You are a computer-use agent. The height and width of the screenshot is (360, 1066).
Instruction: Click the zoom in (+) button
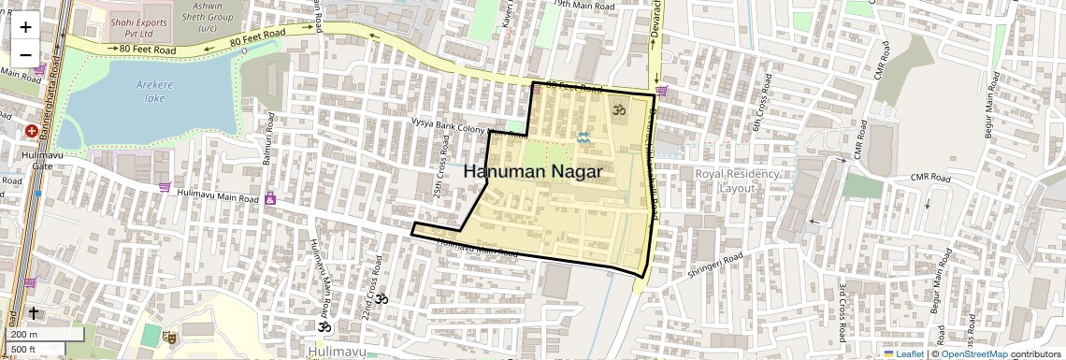point(25,27)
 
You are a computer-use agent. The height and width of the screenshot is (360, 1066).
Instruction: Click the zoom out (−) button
point(25,53)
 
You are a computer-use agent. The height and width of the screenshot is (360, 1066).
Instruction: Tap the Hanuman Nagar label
point(532,172)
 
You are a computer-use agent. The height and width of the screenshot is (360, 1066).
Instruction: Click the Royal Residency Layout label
point(736,180)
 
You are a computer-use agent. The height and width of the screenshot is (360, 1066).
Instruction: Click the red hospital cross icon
point(32,132)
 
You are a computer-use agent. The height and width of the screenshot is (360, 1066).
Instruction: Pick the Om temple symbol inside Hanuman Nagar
point(617,110)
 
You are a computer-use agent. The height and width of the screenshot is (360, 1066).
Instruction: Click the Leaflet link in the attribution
point(903,354)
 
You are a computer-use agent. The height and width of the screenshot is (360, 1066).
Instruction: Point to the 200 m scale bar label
point(24,335)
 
